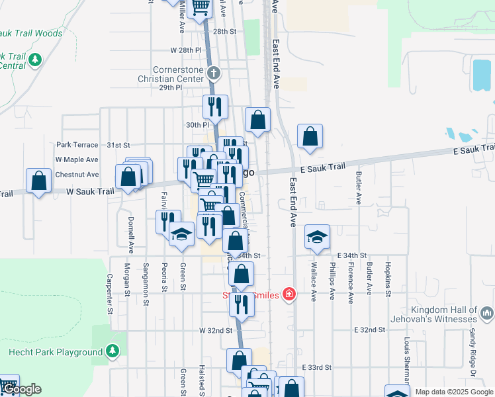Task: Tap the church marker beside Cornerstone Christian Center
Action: (213, 73)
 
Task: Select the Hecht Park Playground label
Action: (56, 351)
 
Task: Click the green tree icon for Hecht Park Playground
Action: (112, 350)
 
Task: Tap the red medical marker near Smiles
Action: (289, 293)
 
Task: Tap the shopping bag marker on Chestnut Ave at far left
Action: (39, 181)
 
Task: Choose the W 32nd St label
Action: (216, 330)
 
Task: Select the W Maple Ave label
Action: (77, 159)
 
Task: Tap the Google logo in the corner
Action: (22, 390)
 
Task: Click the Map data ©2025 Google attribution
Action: (453, 392)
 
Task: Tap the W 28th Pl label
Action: (185, 50)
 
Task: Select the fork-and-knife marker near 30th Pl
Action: (215, 106)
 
